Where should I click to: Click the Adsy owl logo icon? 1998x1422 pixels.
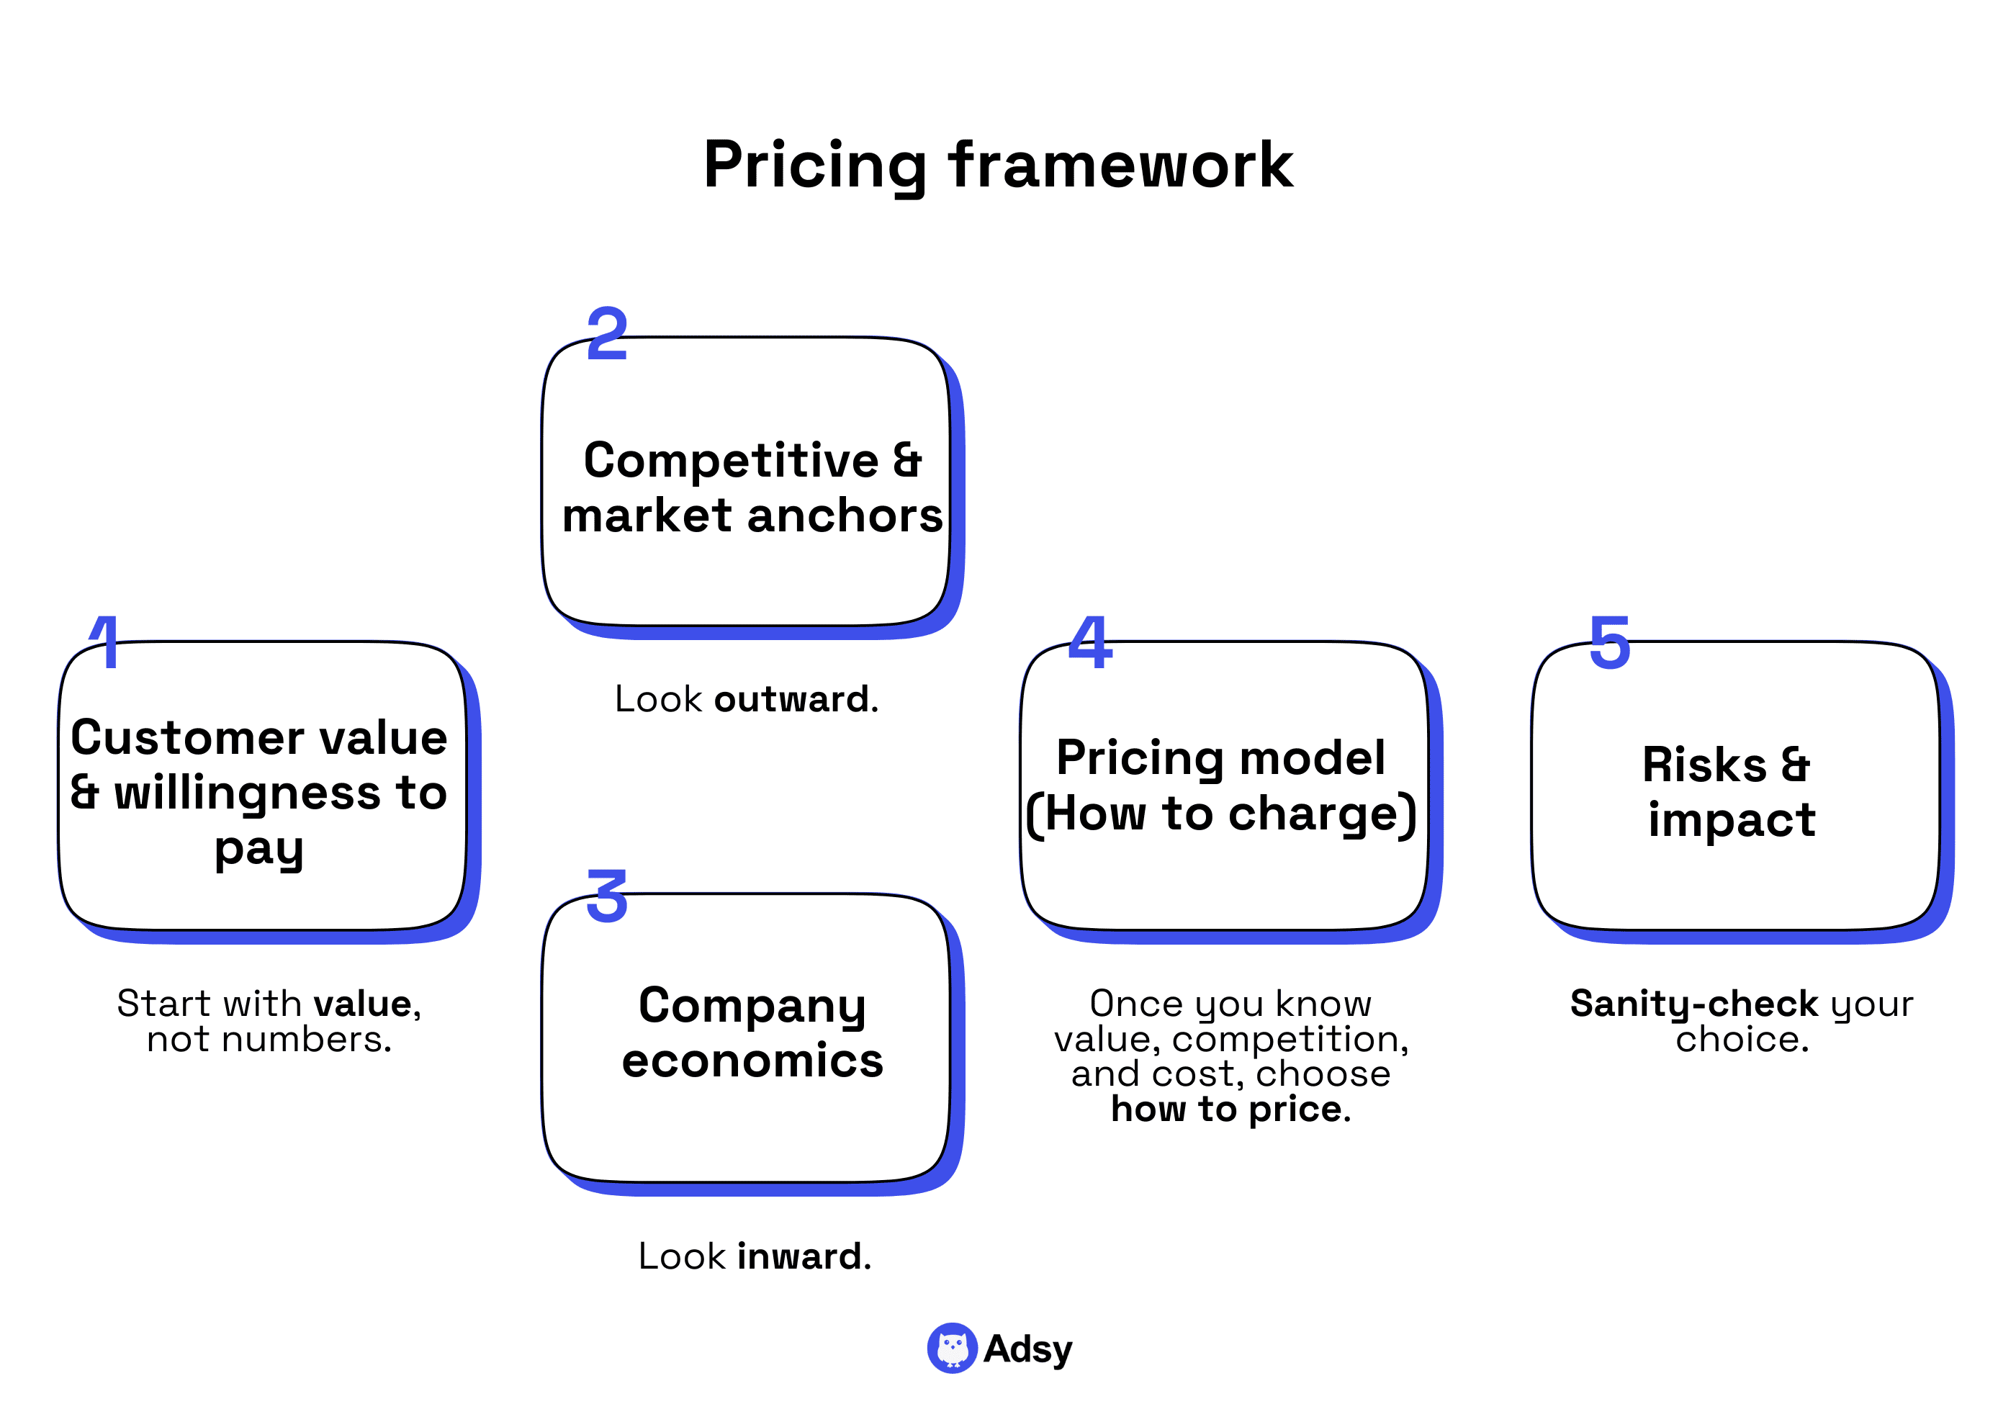[952, 1348]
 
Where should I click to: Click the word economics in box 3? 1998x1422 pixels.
[752, 1061]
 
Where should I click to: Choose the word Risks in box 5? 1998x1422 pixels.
[1704, 765]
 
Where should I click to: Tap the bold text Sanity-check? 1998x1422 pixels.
[1693, 1004]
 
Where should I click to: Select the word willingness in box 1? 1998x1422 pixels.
[248, 793]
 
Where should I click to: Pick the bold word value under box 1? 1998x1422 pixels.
[362, 1004]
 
